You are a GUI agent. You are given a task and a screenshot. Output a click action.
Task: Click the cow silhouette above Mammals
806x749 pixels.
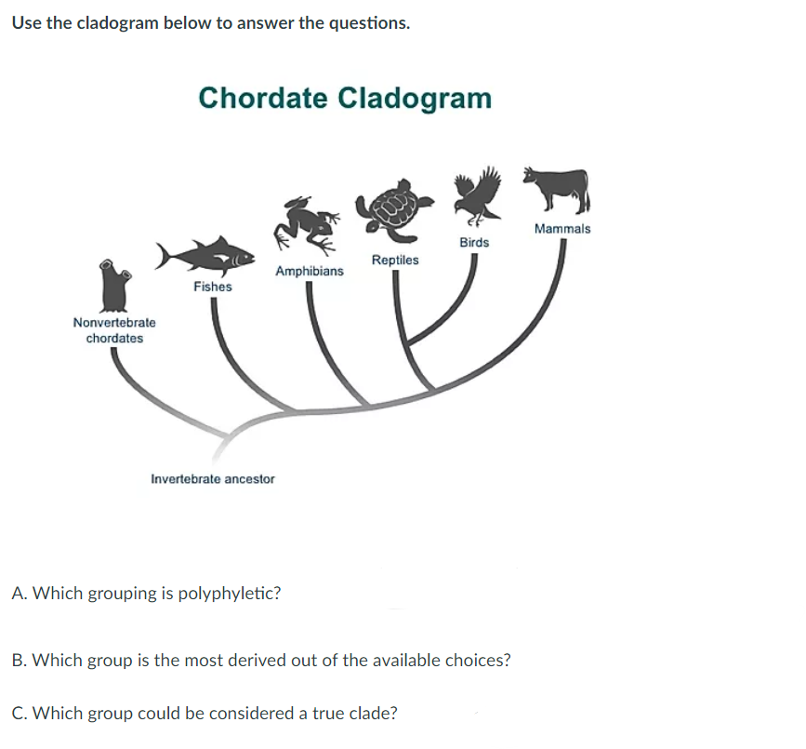point(556,190)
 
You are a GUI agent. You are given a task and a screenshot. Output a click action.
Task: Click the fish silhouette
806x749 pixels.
point(205,255)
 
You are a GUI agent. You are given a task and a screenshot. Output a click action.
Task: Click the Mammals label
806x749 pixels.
point(562,229)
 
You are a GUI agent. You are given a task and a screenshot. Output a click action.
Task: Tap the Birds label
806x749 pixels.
point(474,243)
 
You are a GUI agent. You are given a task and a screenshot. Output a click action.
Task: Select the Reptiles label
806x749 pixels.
point(395,261)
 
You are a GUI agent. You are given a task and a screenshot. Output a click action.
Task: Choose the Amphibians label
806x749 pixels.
point(310,272)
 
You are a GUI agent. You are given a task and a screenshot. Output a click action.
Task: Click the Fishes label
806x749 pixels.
point(213,287)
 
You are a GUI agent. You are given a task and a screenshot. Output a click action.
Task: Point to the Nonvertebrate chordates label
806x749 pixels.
point(114,330)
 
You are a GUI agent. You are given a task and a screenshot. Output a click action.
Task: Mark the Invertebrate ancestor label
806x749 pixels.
point(213,479)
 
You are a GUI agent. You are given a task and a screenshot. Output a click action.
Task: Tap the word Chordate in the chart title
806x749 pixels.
point(262,98)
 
